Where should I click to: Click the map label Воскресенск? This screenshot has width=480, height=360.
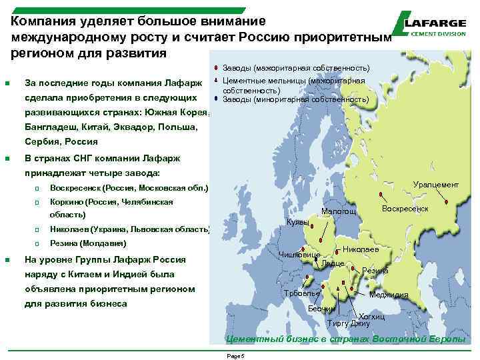[x=405, y=209]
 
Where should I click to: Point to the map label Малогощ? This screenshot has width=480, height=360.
[x=339, y=212]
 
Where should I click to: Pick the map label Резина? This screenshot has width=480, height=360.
[x=375, y=271]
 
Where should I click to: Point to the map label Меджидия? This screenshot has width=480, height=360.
[x=389, y=295]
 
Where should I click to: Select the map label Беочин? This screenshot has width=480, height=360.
[x=321, y=309]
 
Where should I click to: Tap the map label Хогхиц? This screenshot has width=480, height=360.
[x=372, y=316]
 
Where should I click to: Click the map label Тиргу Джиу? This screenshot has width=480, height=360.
[x=349, y=323]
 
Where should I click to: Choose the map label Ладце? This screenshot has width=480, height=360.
[x=332, y=263]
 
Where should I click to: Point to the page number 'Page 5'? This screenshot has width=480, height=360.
[x=237, y=356]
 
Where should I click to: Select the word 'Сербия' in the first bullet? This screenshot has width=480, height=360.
[x=39, y=141]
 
